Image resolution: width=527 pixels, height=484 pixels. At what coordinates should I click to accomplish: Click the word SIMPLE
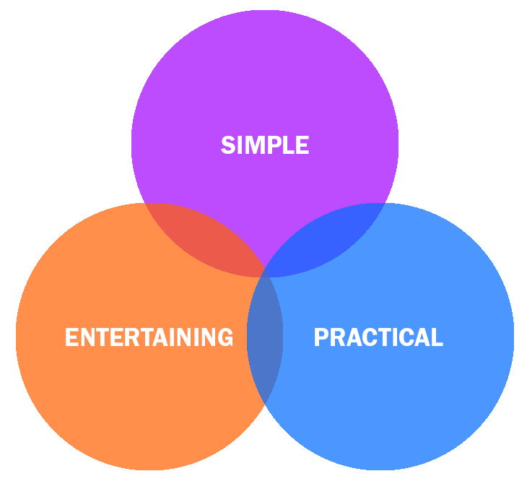pos(265,145)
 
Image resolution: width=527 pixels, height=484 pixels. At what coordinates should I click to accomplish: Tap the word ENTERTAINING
pos(149,337)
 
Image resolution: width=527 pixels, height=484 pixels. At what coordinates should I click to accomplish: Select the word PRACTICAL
pos(378,337)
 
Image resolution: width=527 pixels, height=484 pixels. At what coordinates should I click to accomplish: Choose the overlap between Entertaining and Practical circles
pos(265,340)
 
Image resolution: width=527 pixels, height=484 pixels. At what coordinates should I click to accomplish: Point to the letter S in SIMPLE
pos(228,145)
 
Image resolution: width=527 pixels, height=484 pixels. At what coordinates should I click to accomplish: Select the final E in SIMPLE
pos(302,145)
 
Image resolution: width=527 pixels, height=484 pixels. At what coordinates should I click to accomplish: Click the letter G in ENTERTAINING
pos(225,337)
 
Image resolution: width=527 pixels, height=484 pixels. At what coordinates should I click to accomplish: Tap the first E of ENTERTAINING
pos(71,337)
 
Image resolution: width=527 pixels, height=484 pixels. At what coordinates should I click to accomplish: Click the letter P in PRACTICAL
pos(321,337)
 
